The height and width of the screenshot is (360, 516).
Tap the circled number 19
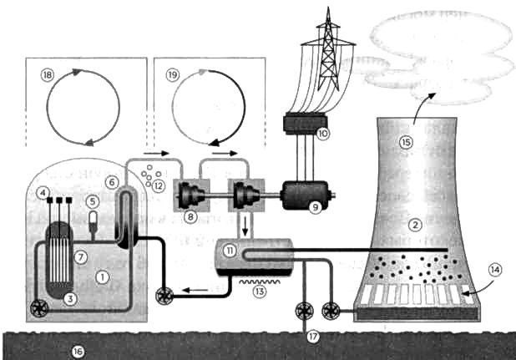click(173, 74)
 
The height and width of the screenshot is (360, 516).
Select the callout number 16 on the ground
click(78, 352)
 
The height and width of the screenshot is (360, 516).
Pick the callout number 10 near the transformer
click(323, 132)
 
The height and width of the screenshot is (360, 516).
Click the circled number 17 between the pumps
click(313, 337)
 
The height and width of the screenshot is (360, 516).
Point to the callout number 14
click(494, 270)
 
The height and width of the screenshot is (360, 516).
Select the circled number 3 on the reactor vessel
click(71, 298)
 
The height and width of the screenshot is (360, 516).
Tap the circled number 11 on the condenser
click(227, 249)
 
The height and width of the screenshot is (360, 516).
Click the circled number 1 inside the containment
click(101, 276)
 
